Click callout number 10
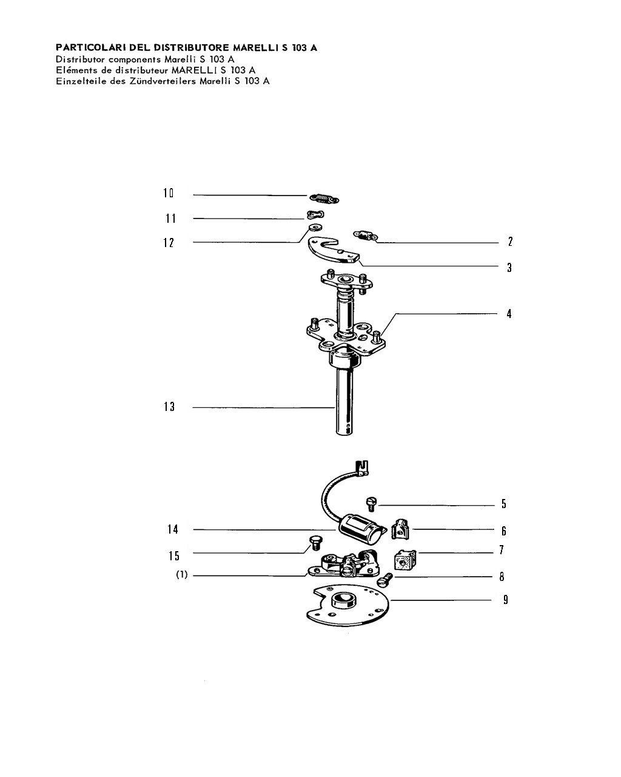pyautogui.click(x=168, y=193)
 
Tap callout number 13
pyautogui.click(x=169, y=407)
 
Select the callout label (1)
pyautogui.click(x=182, y=574)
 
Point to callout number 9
pyautogui.click(x=506, y=600)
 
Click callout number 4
pyautogui.click(x=509, y=314)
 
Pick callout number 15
pyautogui.click(x=173, y=555)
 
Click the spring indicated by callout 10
pyautogui.click(x=324, y=198)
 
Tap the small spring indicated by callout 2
pyautogui.click(x=365, y=235)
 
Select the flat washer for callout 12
pyautogui.click(x=316, y=228)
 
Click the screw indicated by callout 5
pyautogui.click(x=371, y=503)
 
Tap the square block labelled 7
pyautogui.click(x=405, y=560)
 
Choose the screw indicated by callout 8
pyautogui.click(x=384, y=580)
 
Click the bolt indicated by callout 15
pyautogui.click(x=316, y=543)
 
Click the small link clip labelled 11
pyautogui.click(x=315, y=215)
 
